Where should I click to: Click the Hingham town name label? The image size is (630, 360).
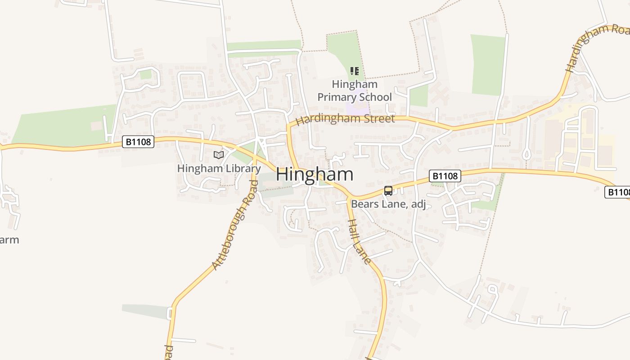[x=315, y=175]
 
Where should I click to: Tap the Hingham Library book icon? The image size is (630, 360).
[x=219, y=155]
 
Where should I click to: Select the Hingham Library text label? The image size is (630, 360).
[x=219, y=169]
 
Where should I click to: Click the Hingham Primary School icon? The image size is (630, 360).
[x=355, y=71]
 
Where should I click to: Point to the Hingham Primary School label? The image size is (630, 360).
[x=355, y=90]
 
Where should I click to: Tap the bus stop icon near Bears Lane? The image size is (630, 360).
[x=388, y=191]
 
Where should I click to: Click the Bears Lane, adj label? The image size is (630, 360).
[x=388, y=204]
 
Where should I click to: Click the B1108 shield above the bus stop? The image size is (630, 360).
[x=445, y=176]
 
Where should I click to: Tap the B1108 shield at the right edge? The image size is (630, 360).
[x=618, y=192]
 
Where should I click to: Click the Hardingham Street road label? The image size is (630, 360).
[x=345, y=119]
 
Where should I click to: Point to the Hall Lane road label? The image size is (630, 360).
[x=360, y=241]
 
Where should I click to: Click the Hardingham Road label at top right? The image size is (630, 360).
[x=596, y=47]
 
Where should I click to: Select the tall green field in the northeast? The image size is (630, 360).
[x=488, y=65]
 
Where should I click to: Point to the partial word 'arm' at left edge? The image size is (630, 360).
[x=9, y=240]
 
